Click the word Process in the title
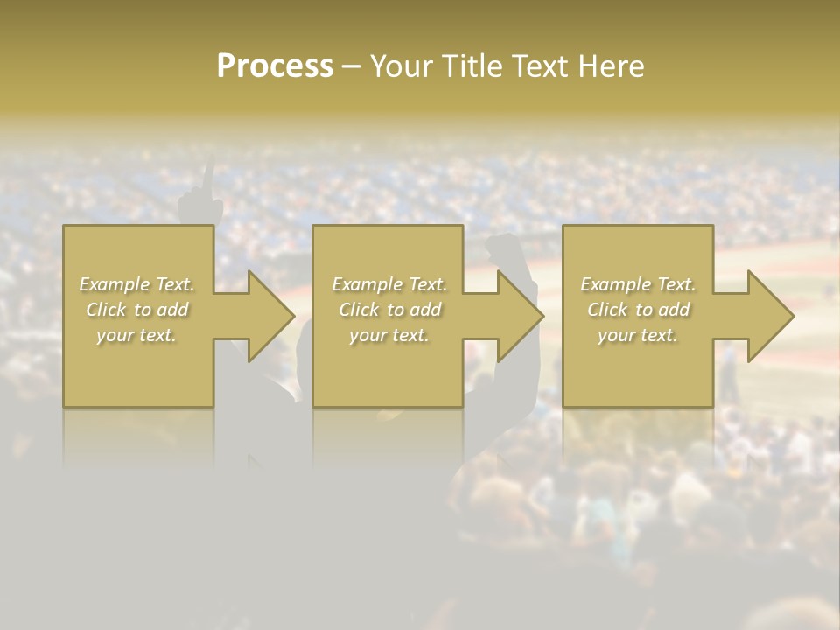pos(275,66)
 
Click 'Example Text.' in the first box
pos(137,284)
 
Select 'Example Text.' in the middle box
pos(389,284)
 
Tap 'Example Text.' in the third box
pos(638,284)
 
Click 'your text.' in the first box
pos(136,335)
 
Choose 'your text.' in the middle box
pos(389,335)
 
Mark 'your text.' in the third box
pos(638,335)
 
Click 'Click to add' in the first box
pos(137,310)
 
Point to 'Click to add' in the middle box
pos(389,310)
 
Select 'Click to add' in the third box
pos(638,310)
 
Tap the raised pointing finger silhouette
pos(206,179)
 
